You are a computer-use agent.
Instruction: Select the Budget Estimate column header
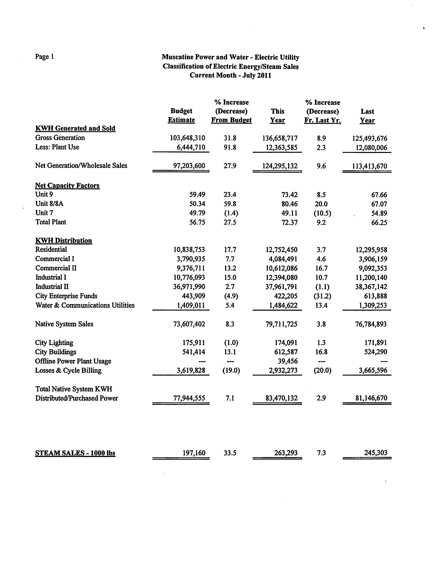[181, 115]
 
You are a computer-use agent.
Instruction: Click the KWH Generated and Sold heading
[75, 128]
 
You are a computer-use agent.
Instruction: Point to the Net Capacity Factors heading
[67, 185]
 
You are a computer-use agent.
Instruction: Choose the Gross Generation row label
[60, 138]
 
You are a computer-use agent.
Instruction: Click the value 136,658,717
[280, 138]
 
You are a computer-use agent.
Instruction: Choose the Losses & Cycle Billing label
[68, 370]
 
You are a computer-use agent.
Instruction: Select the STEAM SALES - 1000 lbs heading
[75, 453]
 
